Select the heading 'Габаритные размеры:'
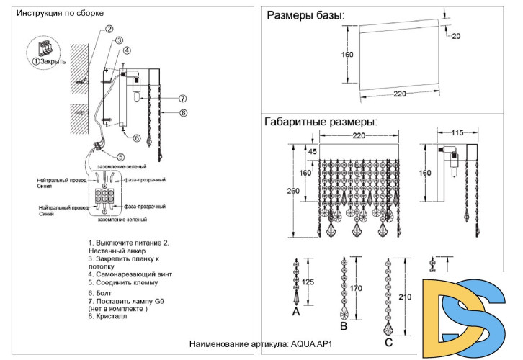[321, 122]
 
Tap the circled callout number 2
[109, 30]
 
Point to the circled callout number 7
[183, 99]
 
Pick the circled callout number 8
[183, 112]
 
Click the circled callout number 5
[120, 157]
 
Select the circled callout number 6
[126, 137]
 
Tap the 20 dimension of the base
[455, 36]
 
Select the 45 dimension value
[312, 151]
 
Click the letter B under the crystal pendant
[344, 326]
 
